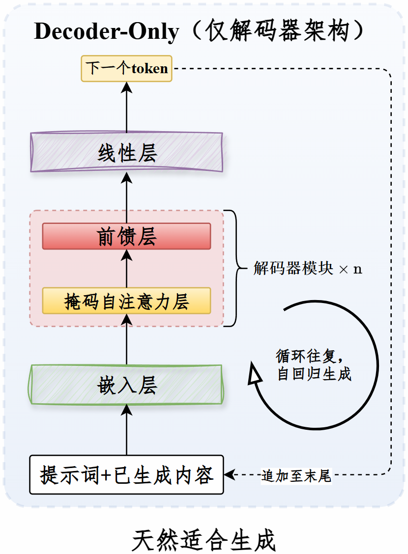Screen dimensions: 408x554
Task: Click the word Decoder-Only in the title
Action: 106,31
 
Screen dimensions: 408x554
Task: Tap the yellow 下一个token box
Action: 126,69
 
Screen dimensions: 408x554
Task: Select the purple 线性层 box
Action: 126,152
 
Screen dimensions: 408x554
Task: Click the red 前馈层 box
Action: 126,236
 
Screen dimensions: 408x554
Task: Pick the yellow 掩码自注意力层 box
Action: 126,301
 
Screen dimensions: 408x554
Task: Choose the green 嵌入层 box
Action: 126,385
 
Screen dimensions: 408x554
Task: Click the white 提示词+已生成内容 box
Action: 126,474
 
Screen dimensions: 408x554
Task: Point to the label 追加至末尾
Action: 296,475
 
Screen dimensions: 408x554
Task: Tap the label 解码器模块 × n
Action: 308,268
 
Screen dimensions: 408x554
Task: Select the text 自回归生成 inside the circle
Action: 314,374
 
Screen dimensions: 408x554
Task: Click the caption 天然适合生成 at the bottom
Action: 204,540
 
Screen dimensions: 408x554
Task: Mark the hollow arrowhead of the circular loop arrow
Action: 254,373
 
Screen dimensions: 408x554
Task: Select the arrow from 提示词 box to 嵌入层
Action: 126,430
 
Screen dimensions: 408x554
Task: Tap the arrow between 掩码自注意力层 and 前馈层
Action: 126,269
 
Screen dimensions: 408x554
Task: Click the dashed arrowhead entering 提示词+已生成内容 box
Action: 229,474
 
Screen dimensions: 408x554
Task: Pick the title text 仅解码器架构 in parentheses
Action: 278,31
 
